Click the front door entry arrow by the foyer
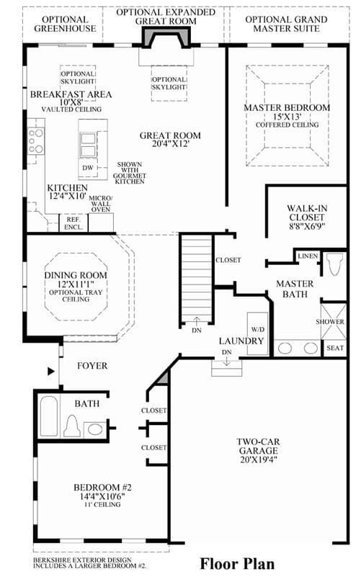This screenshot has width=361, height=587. pyautogui.click(x=51, y=372)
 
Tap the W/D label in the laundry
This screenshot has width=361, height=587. pyautogui.click(x=258, y=329)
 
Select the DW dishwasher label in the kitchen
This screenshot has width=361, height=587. pyautogui.click(x=88, y=168)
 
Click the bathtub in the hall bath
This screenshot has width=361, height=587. pyautogui.click(x=49, y=417)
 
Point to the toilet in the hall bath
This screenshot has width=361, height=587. pyautogui.click(x=72, y=426)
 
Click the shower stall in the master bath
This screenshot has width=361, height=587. pyautogui.click(x=334, y=321)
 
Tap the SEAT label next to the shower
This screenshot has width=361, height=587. pyautogui.click(x=335, y=348)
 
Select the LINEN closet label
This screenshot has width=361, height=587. pyautogui.click(x=308, y=256)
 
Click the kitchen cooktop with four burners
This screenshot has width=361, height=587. pyautogui.click(x=36, y=141)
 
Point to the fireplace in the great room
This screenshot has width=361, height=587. pyautogui.click(x=166, y=39)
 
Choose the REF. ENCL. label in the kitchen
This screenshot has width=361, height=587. pyautogui.click(x=73, y=223)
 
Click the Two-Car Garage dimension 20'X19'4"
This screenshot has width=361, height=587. pyautogui.click(x=259, y=460)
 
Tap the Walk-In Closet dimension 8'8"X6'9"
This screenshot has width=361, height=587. pyautogui.click(x=307, y=226)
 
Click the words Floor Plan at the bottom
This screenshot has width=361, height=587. pyautogui.click(x=237, y=564)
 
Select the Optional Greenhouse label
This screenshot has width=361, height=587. pyautogui.click(x=65, y=24)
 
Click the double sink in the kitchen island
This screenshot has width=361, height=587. pyautogui.click(x=88, y=145)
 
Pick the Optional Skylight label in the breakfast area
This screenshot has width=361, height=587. pyautogui.click(x=78, y=78)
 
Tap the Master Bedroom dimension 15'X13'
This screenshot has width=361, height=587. pyautogui.click(x=288, y=117)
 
